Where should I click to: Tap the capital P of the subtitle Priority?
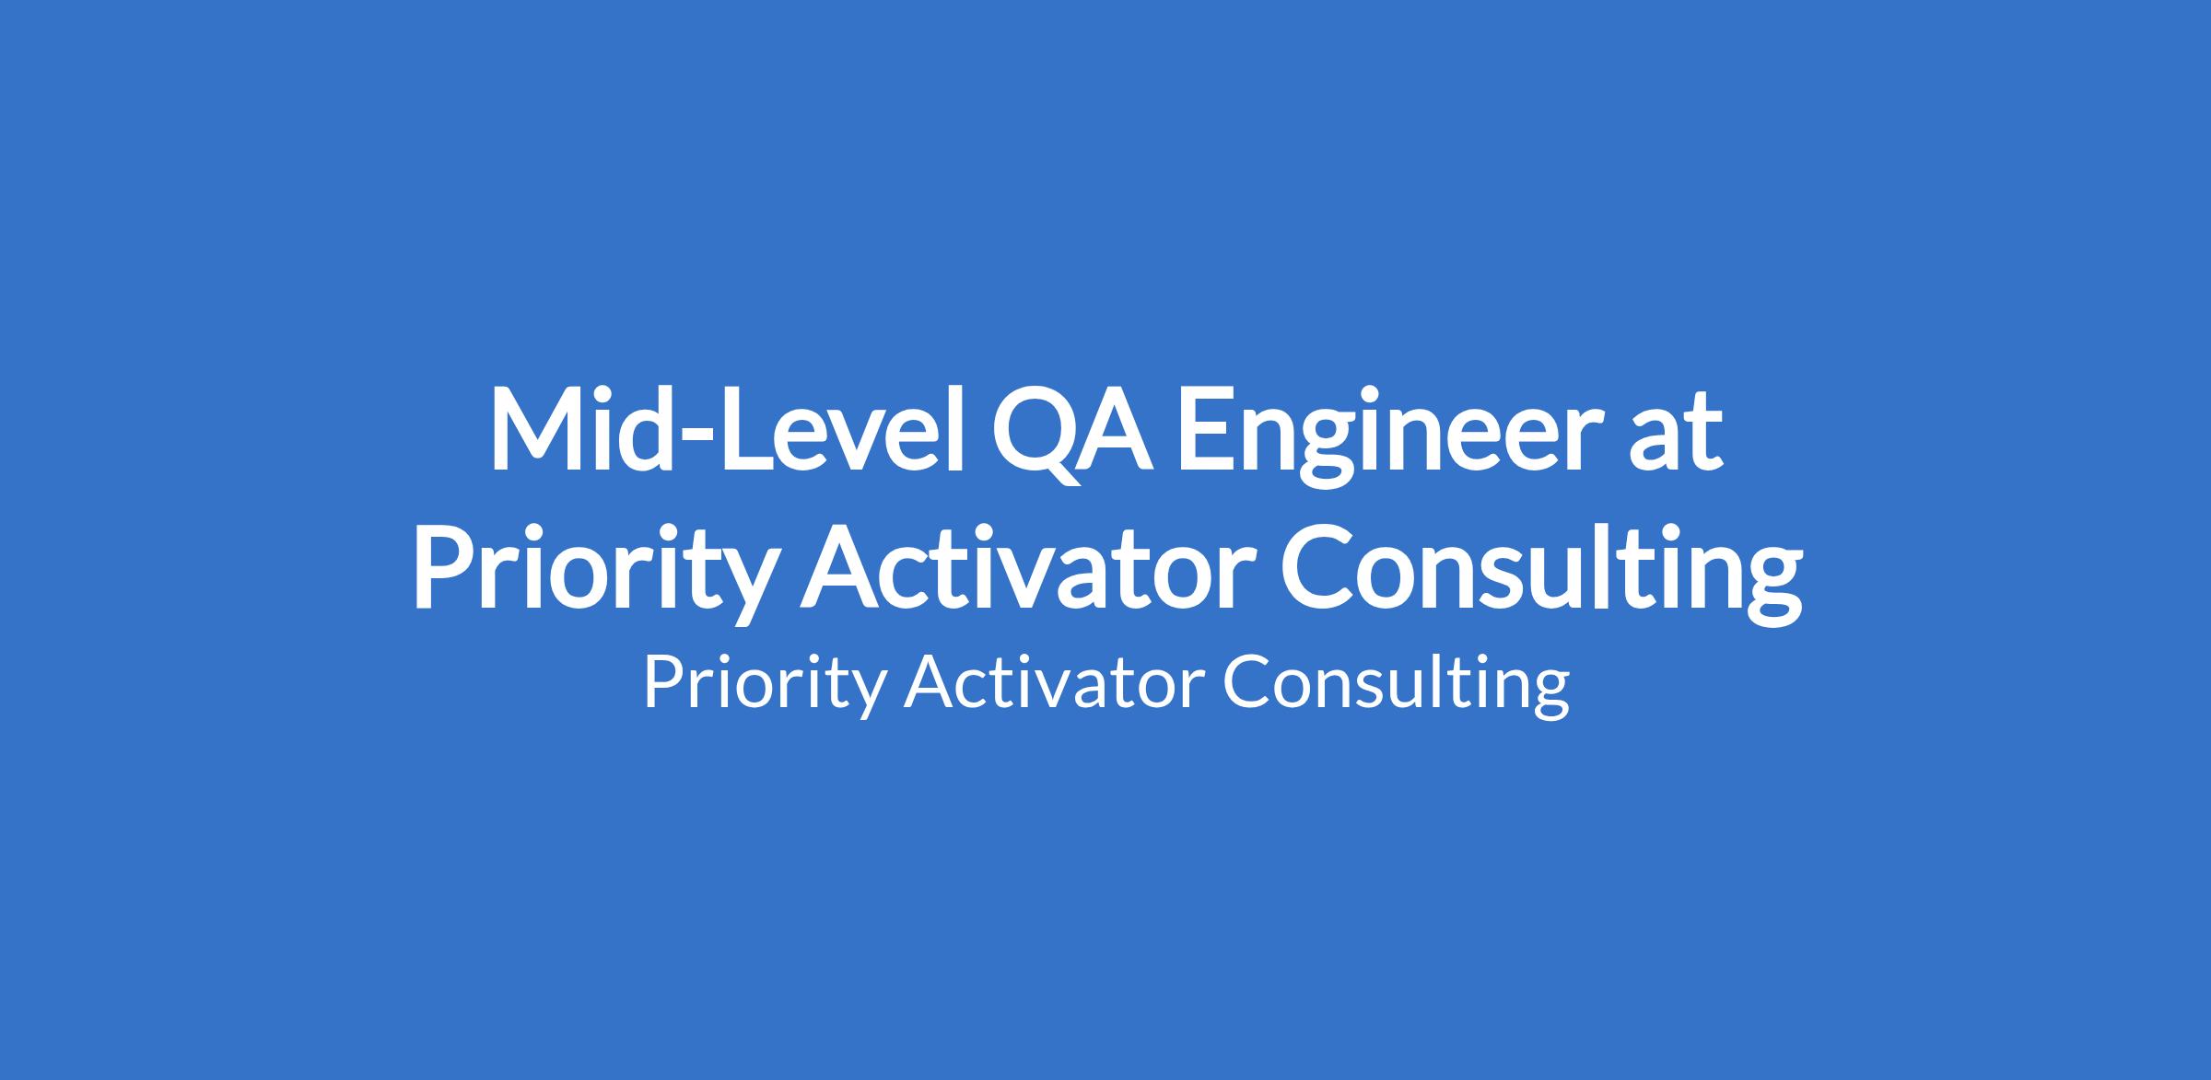[x=662, y=682]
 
